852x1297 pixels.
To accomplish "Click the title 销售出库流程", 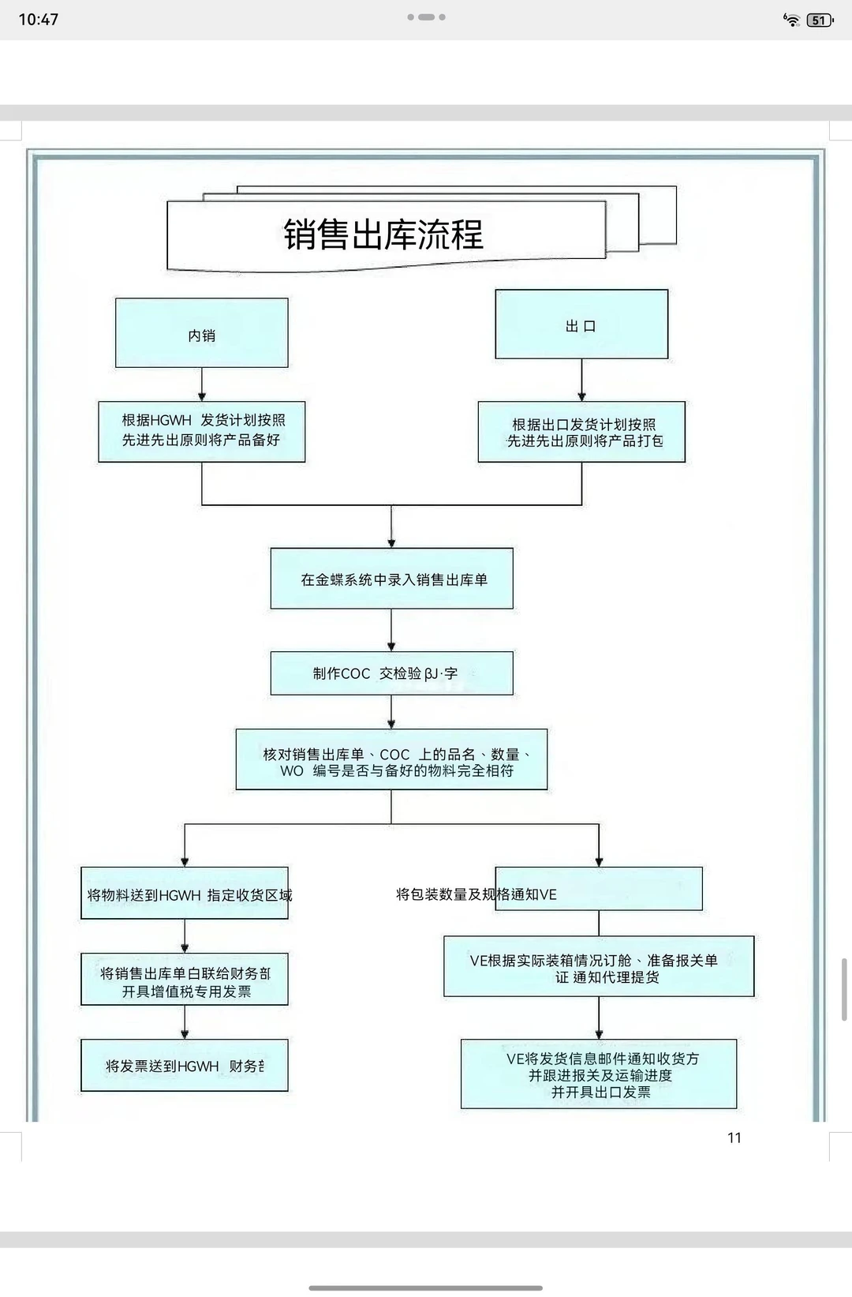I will [x=384, y=234].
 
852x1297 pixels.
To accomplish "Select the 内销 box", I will [x=201, y=333].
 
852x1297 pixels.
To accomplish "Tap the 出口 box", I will [x=581, y=324].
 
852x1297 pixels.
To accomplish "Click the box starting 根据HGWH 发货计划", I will [x=202, y=431].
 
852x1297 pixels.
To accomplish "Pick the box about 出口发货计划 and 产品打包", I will [x=581, y=432].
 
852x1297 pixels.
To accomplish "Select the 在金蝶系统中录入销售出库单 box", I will [x=392, y=579].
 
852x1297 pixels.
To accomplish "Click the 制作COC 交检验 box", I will [x=392, y=673].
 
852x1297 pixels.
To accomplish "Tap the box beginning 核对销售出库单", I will [x=392, y=760].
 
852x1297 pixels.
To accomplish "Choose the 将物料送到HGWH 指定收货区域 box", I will [x=185, y=894].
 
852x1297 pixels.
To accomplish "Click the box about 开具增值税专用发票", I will [x=185, y=980].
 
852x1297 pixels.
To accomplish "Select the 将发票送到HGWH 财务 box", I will [x=185, y=1066].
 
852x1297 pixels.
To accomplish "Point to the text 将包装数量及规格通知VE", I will [x=476, y=894].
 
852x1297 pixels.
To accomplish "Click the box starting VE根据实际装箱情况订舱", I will [x=599, y=967].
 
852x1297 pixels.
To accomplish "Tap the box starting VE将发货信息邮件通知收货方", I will [x=599, y=1074].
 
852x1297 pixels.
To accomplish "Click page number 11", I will [x=734, y=1138].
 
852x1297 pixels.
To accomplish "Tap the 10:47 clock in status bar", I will [x=38, y=20].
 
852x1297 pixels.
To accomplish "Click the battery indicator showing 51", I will [x=820, y=21].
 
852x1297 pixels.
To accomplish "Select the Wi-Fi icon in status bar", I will [x=791, y=21].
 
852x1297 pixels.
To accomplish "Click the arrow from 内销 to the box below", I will [x=202, y=384].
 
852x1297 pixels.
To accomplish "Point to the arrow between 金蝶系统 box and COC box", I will [x=392, y=630].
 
